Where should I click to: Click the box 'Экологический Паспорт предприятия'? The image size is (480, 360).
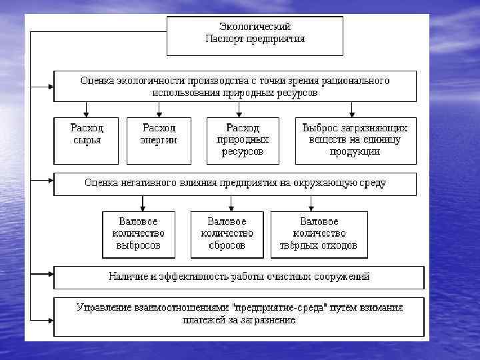point(254,36)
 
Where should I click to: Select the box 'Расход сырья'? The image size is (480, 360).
point(87,141)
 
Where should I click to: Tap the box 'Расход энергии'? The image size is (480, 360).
point(159,141)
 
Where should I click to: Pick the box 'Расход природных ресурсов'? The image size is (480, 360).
point(243,141)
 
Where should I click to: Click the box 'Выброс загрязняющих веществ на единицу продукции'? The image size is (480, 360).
point(355,141)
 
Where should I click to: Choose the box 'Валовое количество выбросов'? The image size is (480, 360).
point(139,234)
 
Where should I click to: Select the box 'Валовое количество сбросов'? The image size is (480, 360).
point(227,234)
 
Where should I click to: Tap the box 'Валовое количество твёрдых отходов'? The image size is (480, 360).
point(319,234)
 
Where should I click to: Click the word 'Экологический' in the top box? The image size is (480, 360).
point(255,27)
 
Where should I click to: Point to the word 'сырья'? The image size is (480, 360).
point(87,141)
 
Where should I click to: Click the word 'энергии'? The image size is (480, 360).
point(159,141)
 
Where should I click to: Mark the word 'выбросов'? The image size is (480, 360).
point(139,245)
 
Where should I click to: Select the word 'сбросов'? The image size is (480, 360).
point(227,245)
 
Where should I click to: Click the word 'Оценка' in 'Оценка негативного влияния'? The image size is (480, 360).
point(101,182)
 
